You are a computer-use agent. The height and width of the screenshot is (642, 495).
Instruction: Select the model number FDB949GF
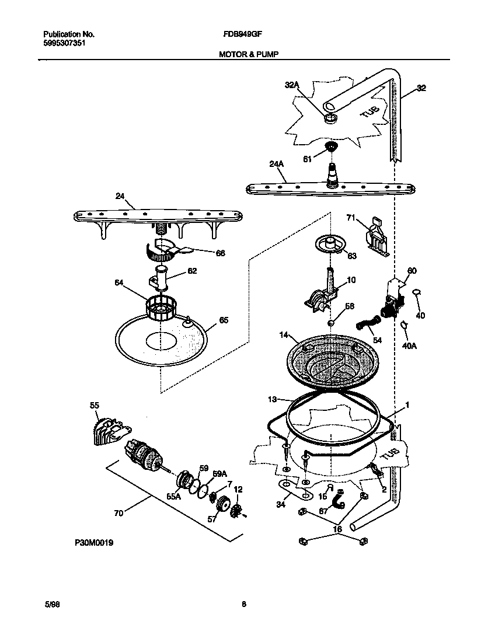pyautogui.click(x=239, y=34)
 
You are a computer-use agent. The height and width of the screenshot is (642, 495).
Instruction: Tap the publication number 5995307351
pyautogui.click(x=66, y=43)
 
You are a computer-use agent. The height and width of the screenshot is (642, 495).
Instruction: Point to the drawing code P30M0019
pyautogui.click(x=93, y=542)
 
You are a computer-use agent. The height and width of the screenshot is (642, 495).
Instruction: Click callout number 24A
pyautogui.click(x=277, y=165)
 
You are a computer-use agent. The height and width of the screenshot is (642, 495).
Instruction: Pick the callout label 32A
pyautogui.click(x=292, y=85)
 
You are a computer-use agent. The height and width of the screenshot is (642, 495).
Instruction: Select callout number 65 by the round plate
pyautogui.click(x=223, y=320)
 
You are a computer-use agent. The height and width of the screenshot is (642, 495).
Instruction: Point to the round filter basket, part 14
pyautogui.click(x=330, y=362)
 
